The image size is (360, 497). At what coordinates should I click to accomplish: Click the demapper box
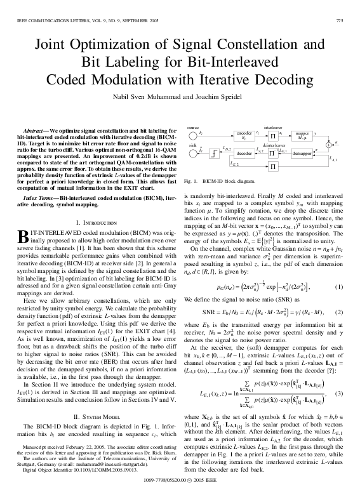pos(302,154)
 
